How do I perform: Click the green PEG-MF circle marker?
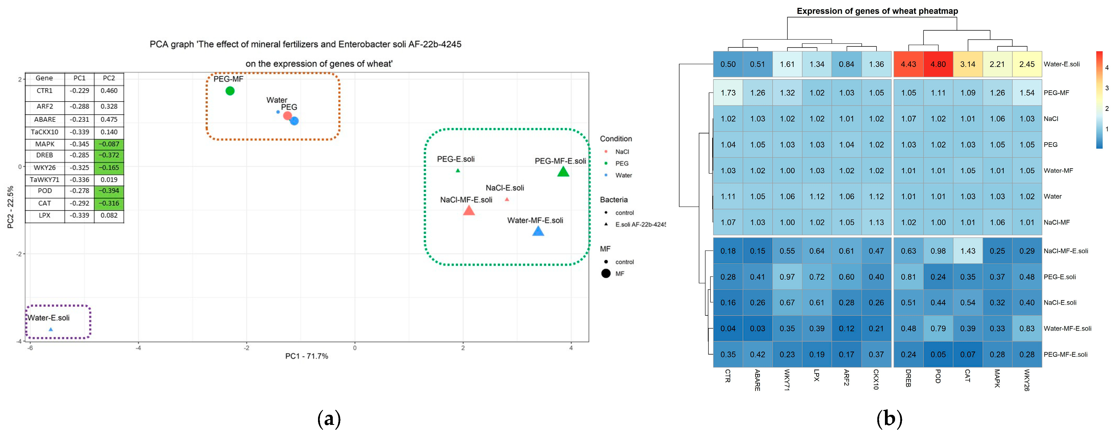click(x=230, y=91)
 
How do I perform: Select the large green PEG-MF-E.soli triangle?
click(x=563, y=172)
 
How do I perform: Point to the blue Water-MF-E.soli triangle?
click(x=538, y=231)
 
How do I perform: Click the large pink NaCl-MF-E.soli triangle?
click(x=469, y=211)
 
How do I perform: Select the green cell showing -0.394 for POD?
click(x=109, y=191)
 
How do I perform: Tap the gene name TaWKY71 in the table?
click(x=45, y=180)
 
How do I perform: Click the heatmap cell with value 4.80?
click(x=938, y=64)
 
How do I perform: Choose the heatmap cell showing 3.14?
click(x=968, y=64)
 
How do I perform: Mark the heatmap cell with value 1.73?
click(x=728, y=93)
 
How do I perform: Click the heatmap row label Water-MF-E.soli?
click(x=1067, y=329)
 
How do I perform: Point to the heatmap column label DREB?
click(x=908, y=378)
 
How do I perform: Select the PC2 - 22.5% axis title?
click(x=10, y=207)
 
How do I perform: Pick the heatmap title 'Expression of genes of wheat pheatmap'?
click(x=877, y=11)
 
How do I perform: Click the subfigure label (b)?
click(x=889, y=419)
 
